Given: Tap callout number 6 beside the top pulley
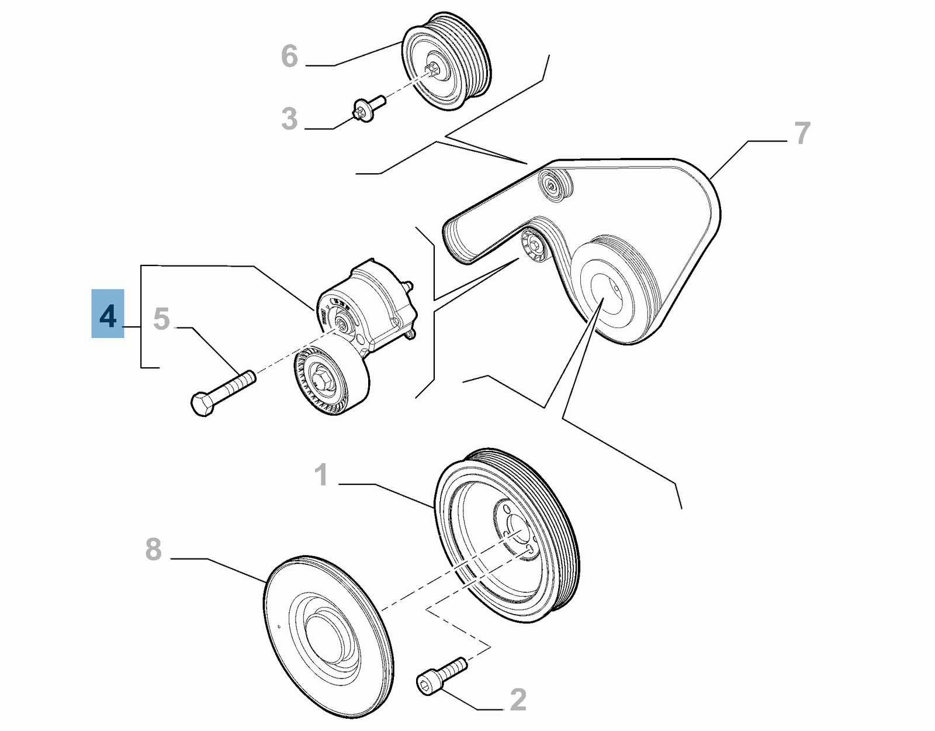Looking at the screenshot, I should coord(289,56).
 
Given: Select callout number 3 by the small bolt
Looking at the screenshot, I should coord(289,119).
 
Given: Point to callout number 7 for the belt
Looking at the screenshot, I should coord(802,133).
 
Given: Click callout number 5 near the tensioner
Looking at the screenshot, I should coord(161,319).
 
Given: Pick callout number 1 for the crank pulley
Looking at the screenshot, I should coord(321,475).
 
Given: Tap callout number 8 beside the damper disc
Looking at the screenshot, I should coord(153,549).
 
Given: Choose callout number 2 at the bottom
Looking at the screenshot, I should coord(518,699).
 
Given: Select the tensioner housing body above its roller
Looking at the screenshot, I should coord(374,304).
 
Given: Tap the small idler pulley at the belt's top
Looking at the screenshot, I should coord(554,185).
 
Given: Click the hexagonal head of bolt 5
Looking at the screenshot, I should coord(202,404).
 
